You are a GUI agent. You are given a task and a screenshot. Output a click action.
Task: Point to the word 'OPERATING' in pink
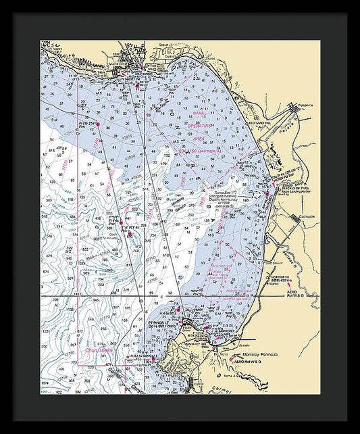coord(199,126)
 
